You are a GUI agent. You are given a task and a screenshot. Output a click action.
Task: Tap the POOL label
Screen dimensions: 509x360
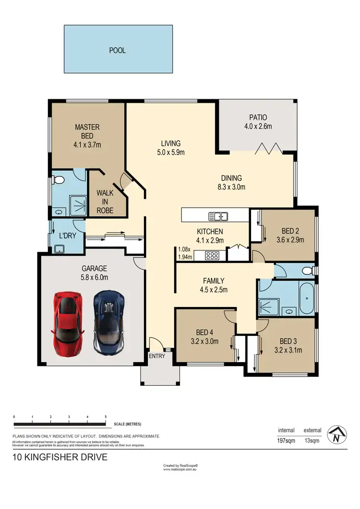118,50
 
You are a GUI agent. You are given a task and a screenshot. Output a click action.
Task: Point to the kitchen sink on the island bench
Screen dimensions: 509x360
221,216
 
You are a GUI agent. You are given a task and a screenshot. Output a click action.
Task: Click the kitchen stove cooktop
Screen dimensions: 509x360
212,255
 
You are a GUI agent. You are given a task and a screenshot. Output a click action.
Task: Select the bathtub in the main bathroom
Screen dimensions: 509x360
306,298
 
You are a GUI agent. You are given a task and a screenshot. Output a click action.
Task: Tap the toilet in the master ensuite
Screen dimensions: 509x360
59,180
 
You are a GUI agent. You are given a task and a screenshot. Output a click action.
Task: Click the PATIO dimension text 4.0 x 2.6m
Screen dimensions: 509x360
258,127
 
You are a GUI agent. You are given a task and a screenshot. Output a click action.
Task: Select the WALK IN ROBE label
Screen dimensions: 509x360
105,201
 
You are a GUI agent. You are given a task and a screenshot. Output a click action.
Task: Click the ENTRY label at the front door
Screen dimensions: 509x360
157,356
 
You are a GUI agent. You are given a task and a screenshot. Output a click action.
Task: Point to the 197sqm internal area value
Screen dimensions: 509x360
286,440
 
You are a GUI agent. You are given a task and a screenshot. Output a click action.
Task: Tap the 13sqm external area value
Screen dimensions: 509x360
312,440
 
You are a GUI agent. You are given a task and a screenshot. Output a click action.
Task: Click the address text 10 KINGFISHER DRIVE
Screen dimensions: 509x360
60,457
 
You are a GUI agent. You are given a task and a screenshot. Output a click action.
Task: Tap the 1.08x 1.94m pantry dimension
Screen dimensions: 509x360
185,253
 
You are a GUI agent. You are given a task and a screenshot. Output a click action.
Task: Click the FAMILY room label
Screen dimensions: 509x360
214,281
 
